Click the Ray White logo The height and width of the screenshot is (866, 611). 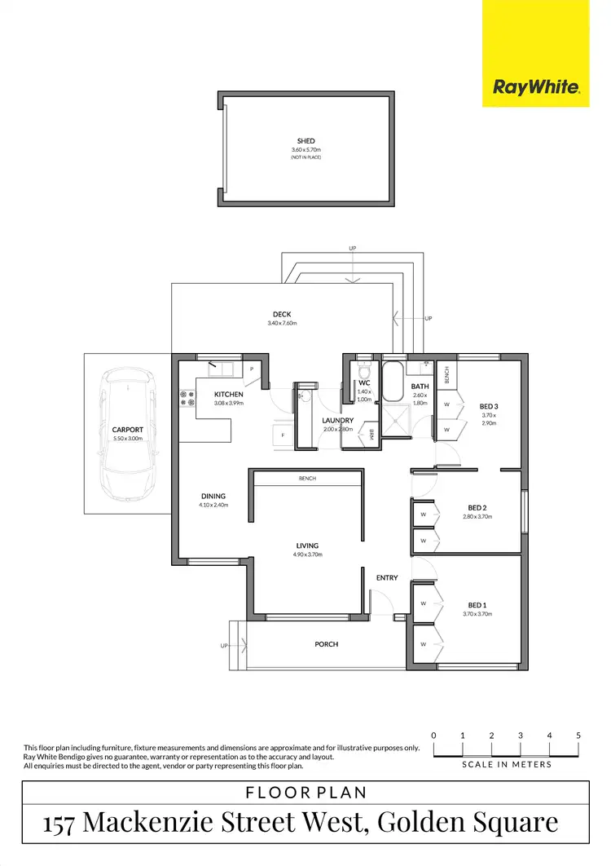[x=535, y=87]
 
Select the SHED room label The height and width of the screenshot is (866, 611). [x=305, y=141]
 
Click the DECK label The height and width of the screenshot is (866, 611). [x=282, y=314]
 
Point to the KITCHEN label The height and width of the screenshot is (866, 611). [x=229, y=394]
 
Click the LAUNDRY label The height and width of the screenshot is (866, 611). [x=338, y=420]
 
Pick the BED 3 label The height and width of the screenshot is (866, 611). [x=488, y=406]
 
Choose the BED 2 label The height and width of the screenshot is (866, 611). [x=477, y=507]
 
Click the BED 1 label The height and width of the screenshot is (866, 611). [x=477, y=604]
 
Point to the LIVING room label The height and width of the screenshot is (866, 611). [x=307, y=546]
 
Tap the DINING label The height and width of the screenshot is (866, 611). [x=213, y=496]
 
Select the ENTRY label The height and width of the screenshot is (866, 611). [x=387, y=578]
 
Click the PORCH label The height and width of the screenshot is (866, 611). [x=326, y=644]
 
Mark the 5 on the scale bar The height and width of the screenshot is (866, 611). [x=578, y=736]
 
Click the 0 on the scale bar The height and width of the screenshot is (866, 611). [x=433, y=736]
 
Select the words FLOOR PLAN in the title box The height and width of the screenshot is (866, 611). [x=305, y=791]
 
